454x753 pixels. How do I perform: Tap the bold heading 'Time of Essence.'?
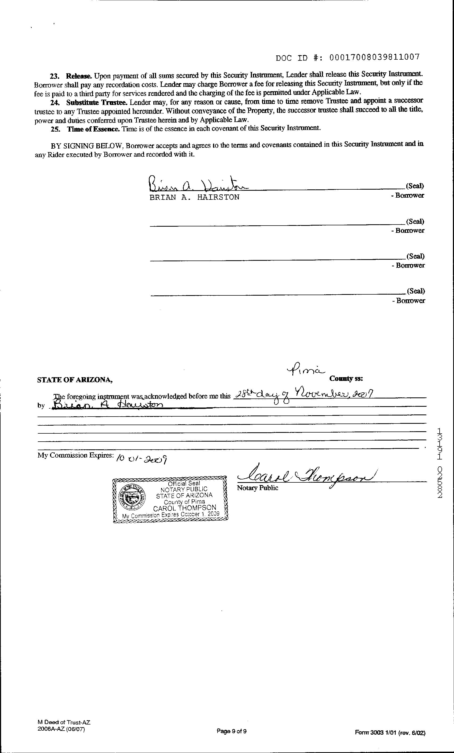pyautogui.click(x=93, y=129)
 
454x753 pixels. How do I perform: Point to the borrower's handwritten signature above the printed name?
pyautogui.click(x=198, y=184)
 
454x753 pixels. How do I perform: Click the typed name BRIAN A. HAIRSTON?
pyautogui.click(x=194, y=197)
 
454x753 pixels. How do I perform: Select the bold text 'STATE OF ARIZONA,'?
pyautogui.click(x=75, y=380)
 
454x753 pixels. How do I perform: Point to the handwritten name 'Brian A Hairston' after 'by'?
pyautogui.click(x=108, y=405)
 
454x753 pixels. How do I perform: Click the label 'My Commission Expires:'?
pyautogui.click(x=75, y=455)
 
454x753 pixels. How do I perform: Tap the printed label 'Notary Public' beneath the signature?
pyautogui.click(x=257, y=488)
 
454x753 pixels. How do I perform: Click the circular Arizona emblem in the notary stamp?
pyautogui.click(x=132, y=496)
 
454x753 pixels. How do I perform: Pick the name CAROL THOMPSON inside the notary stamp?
pyautogui.click(x=185, y=508)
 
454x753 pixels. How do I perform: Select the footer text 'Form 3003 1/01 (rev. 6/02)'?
pyautogui.click(x=390, y=732)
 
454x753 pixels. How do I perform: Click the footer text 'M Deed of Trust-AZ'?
pyautogui.click(x=64, y=722)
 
